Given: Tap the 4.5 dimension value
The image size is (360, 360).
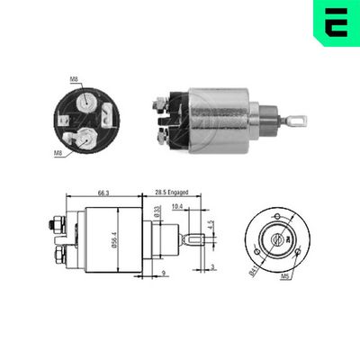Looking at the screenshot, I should tap(211, 224).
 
